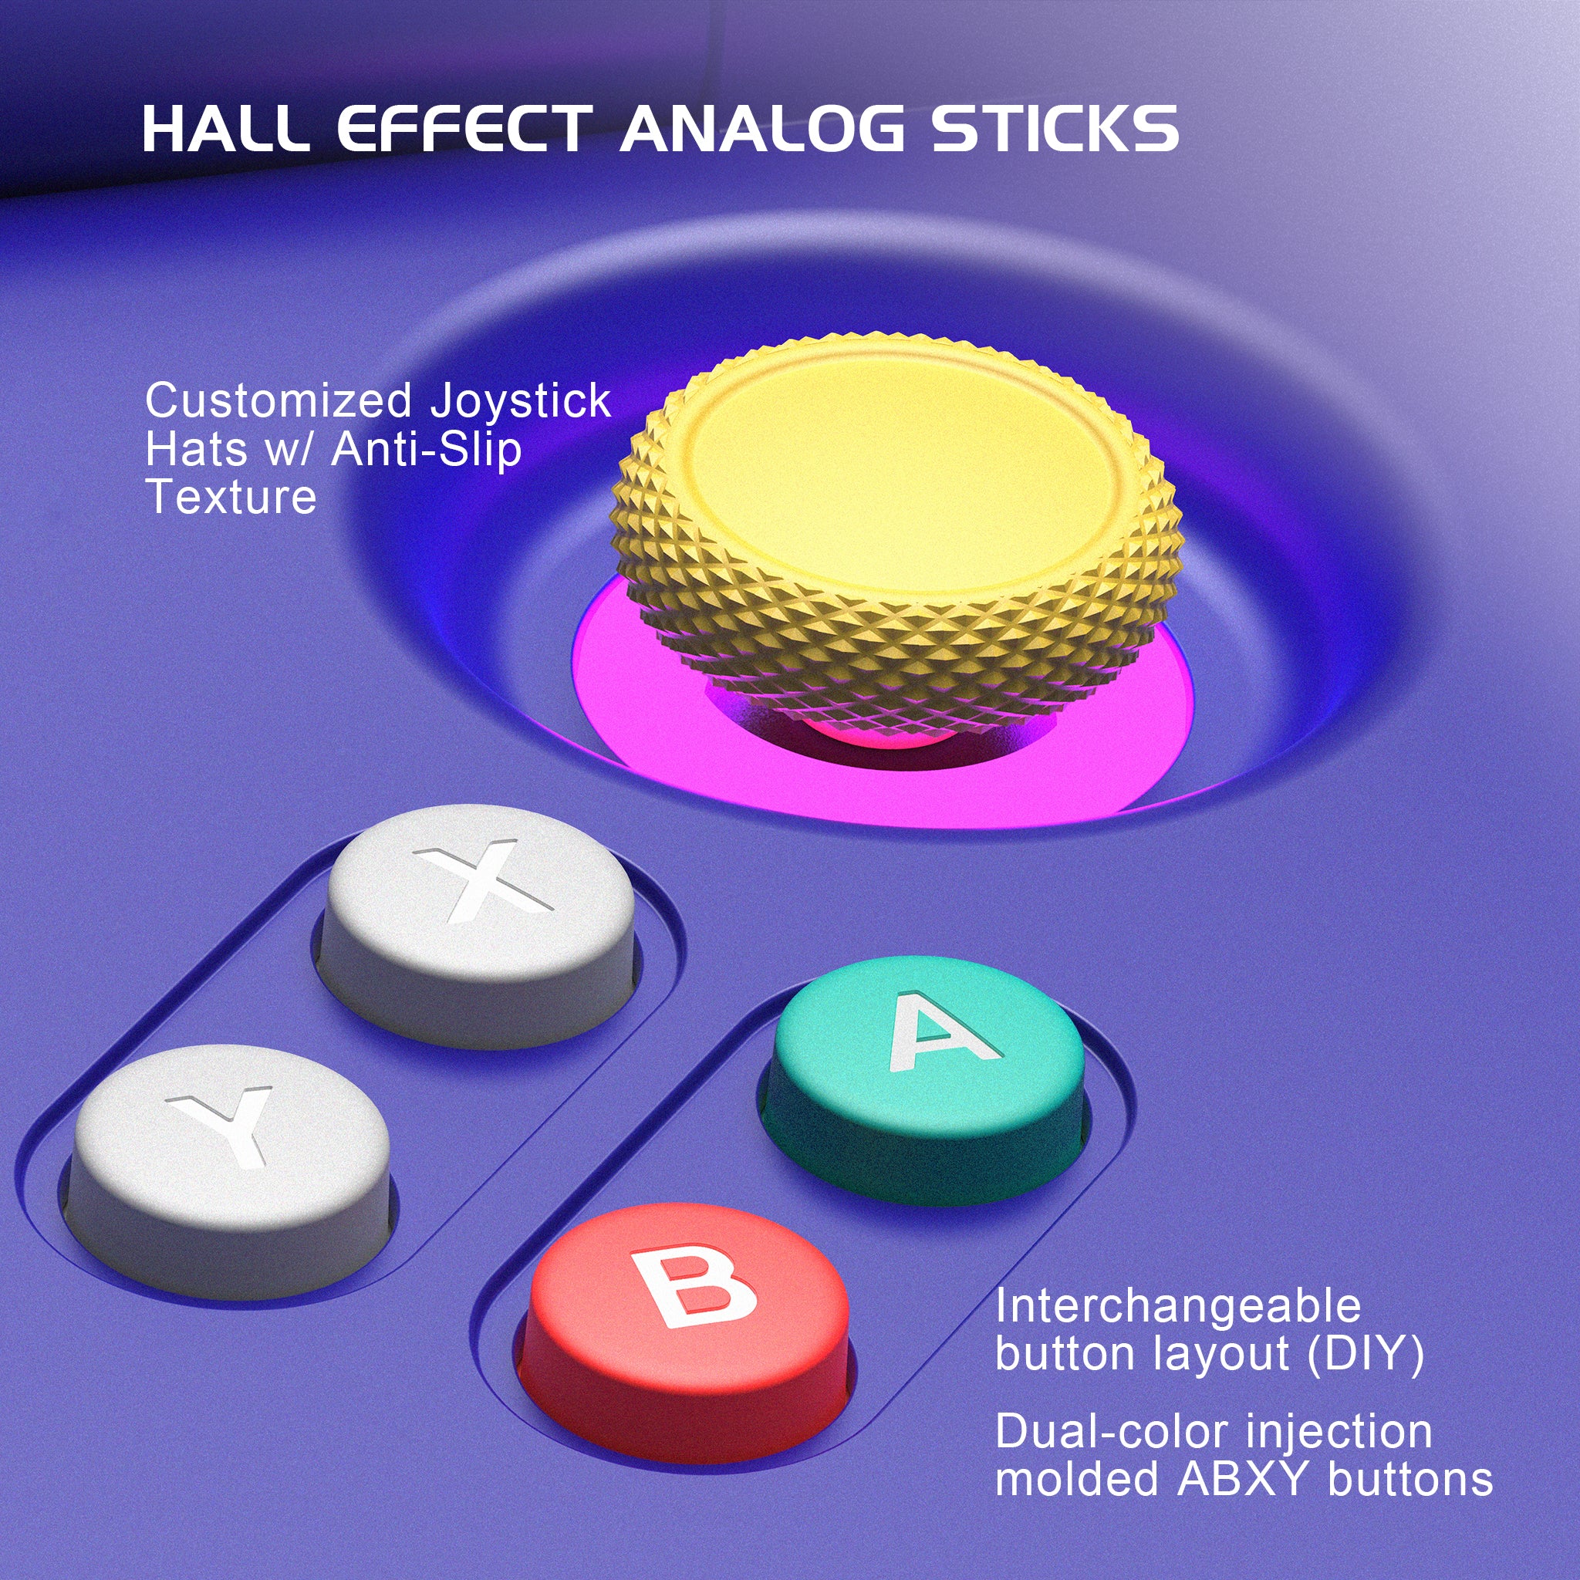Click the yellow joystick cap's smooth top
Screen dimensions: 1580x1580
[x=900, y=474]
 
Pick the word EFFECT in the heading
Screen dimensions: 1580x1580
[x=462, y=129]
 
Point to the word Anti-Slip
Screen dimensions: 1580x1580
[x=426, y=449]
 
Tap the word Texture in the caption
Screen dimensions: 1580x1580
[x=231, y=496]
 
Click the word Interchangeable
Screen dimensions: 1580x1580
[x=1177, y=1306]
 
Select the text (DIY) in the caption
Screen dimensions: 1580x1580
[x=1366, y=1353]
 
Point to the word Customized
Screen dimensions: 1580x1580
[x=278, y=401]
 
